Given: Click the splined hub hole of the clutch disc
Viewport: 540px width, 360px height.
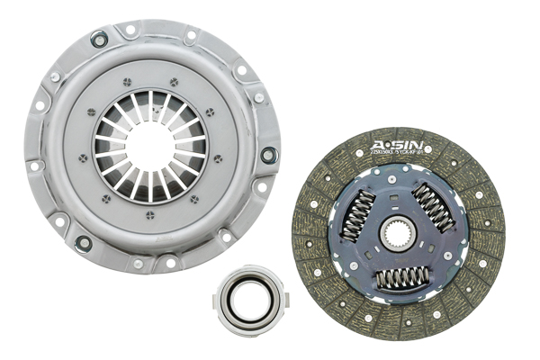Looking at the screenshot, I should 397,237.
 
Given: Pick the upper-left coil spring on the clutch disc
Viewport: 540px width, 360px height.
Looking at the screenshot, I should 359,216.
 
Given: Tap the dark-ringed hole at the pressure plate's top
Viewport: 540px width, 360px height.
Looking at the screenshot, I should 99,39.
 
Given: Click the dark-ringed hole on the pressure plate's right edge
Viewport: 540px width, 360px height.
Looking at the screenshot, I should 267,155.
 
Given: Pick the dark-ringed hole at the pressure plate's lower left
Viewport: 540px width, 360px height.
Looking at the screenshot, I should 84,243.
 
